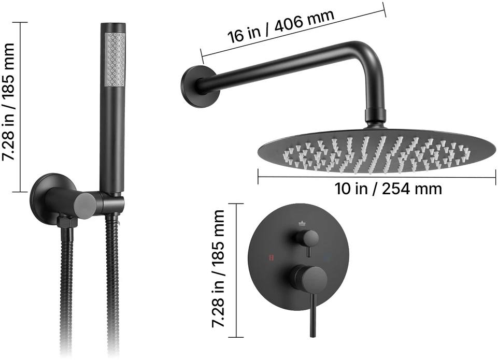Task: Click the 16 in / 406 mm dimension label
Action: tap(281, 26)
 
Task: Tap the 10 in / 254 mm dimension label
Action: tap(388, 189)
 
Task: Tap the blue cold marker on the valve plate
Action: tap(326, 258)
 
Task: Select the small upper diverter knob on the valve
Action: tap(308, 238)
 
